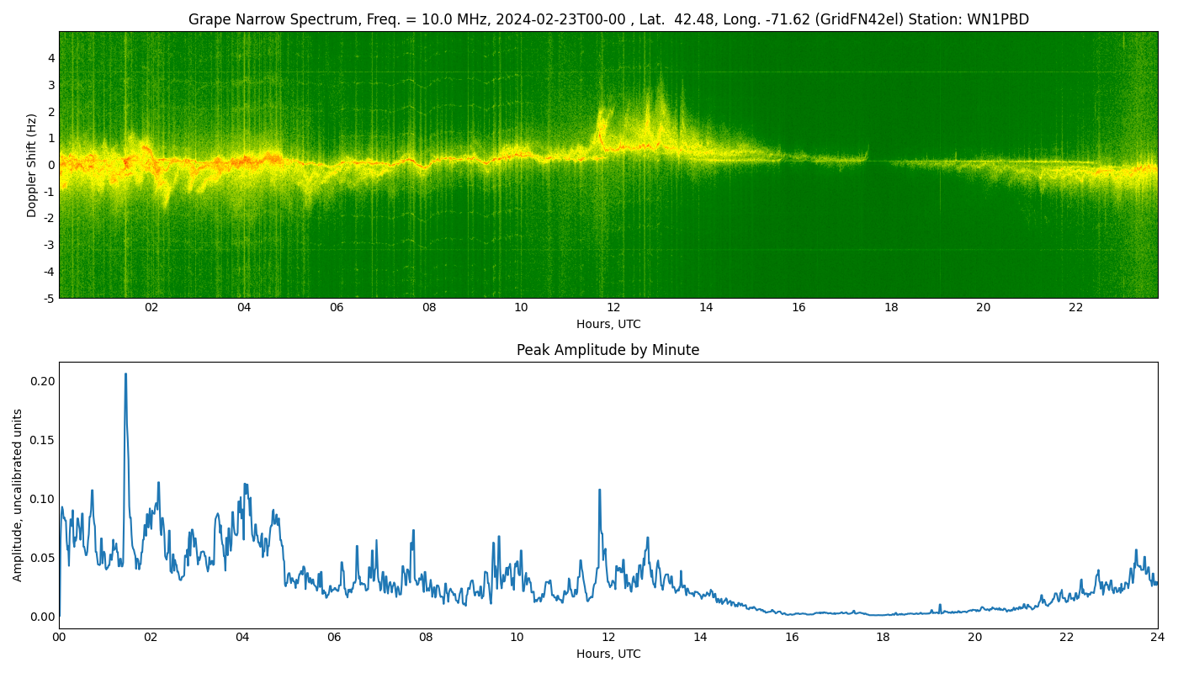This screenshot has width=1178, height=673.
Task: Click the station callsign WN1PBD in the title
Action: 1000,19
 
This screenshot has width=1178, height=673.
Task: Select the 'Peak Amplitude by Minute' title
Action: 608,350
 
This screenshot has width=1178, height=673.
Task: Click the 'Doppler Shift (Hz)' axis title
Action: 32,165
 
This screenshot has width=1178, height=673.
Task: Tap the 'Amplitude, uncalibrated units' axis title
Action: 18,495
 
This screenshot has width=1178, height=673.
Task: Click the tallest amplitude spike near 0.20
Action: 125,374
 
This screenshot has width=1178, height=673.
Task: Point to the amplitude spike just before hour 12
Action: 599,490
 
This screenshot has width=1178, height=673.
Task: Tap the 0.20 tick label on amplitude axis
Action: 43,381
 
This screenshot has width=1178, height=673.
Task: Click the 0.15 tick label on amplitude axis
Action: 43,440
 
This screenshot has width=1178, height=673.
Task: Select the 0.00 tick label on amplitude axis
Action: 43,617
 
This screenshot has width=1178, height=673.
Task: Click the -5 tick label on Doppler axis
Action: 50,298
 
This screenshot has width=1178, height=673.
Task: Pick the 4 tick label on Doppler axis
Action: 51,58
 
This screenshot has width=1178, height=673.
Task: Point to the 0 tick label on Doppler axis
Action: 51,165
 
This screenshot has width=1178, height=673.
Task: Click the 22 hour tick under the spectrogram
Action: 1076,308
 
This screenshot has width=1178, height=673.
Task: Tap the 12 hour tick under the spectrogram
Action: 613,308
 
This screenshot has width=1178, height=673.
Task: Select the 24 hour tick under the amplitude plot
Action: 1158,638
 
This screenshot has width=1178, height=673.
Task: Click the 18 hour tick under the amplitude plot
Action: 883,638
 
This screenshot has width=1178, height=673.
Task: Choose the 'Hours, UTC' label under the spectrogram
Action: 608,325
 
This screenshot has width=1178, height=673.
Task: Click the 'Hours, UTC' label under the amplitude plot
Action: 608,654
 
